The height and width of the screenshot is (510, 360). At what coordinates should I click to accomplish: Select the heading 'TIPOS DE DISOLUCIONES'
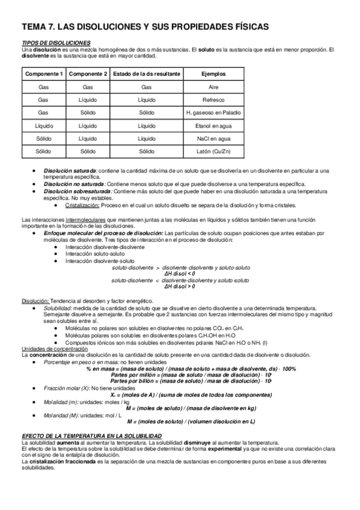pos(56,43)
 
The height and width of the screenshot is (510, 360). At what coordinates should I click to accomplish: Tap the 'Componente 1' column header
pos(43,73)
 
